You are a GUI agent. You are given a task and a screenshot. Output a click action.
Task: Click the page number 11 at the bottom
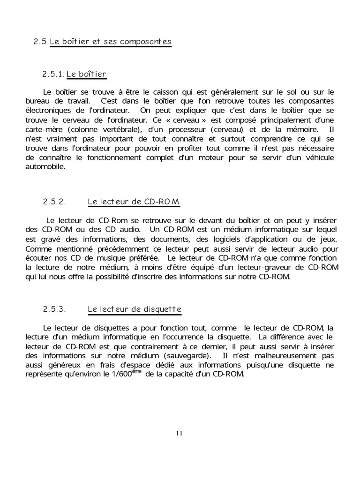(179, 433)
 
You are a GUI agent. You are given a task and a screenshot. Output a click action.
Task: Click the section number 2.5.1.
(53, 74)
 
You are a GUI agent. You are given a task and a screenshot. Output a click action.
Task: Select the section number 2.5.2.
(53, 202)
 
